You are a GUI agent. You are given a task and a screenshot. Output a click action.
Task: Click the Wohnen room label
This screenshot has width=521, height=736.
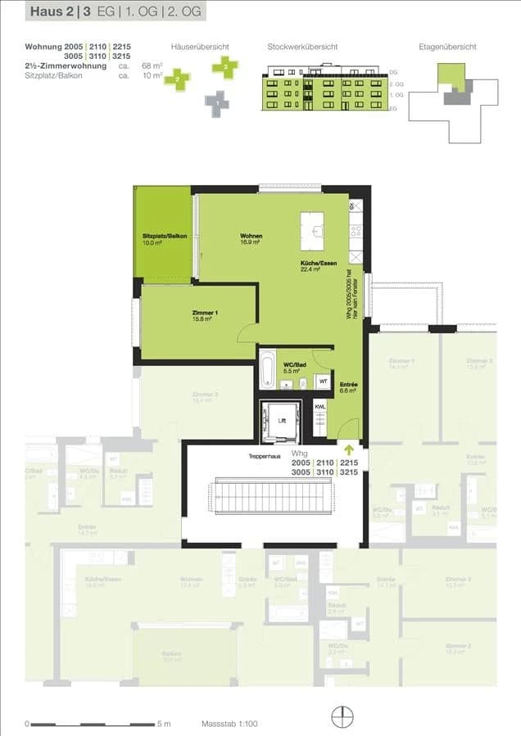pyautogui.click(x=250, y=238)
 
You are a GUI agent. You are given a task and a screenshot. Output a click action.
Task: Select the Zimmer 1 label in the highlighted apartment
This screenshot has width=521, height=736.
pyautogui.click(x=205, y=316)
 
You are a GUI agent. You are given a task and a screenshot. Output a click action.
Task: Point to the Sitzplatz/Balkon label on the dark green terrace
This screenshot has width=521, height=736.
pyautogui.click(x=164, y=239)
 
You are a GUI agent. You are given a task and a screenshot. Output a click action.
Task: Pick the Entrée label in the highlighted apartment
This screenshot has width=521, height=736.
pyautogui.click(x=347, y=388)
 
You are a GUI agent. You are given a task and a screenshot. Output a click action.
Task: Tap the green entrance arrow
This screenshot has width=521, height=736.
pyautogui.click(x=350, y=449)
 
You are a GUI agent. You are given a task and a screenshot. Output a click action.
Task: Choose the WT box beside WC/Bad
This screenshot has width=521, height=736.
pyautogui.click(x=323, y=381)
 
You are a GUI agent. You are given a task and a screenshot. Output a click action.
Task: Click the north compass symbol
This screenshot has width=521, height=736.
pyautogui.click(x=341, y=716)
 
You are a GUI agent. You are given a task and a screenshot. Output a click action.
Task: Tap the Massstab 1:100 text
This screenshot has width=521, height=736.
pyautogui.click(x=229, y=724)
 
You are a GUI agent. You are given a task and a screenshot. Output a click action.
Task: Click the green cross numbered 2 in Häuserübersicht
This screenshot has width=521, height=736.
pyautogui.click(x=176, y=79)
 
